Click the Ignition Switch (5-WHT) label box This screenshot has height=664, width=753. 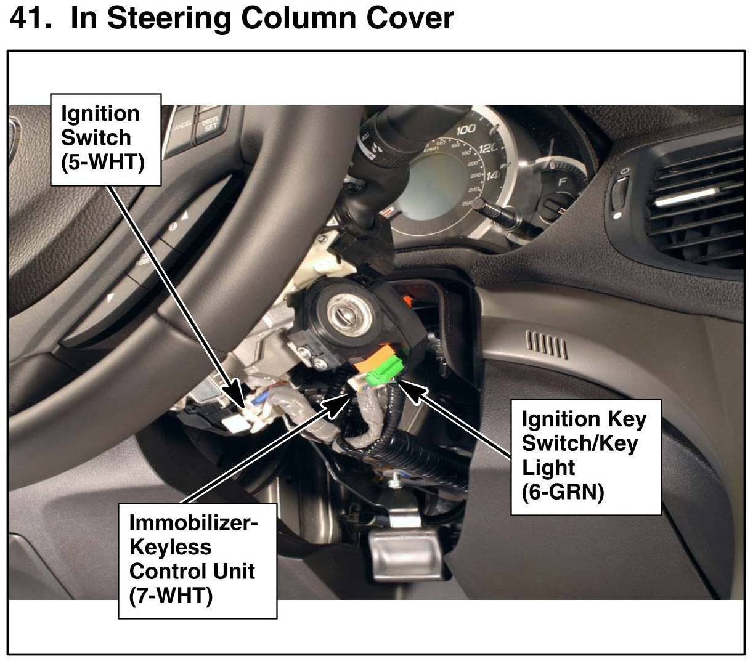click(105, 139)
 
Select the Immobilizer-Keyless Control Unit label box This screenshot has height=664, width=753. click(197, 558)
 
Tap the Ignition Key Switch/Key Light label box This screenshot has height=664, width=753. click(585, 456)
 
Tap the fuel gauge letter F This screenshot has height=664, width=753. click(561, 182)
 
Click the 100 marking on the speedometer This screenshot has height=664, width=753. click(466, 130)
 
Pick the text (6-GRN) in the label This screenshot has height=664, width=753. click(562, 492)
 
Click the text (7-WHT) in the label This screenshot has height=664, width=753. click(171, 595)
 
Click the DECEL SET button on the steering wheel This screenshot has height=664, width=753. click(211, 123)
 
